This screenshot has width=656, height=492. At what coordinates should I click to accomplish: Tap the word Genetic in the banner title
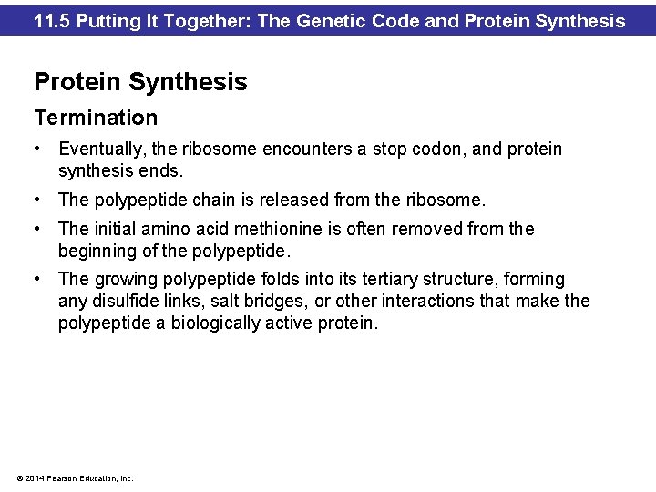tap(342, 20)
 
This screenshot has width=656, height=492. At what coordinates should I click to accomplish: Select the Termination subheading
tap(96, 118)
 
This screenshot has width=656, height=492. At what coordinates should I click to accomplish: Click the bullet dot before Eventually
tap(38, 149)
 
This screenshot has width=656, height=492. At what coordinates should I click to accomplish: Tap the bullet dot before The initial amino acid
tap(38, 229)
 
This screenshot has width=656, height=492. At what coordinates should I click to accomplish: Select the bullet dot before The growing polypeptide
tap(38, 279)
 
